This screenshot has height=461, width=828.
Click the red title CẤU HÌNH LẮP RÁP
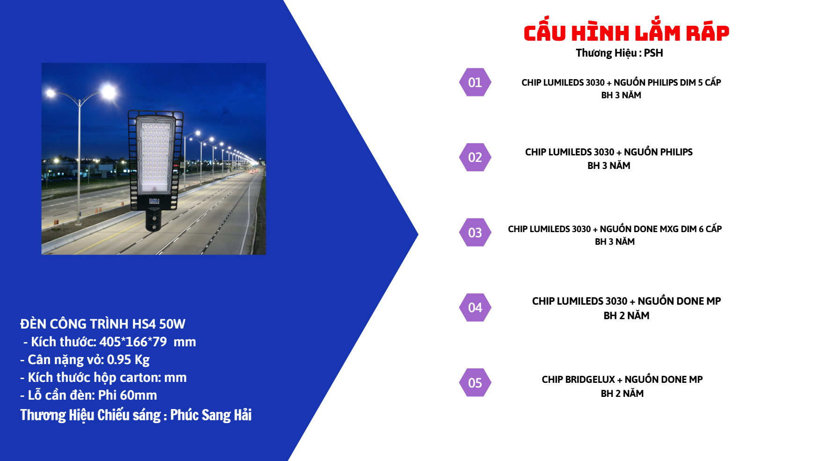[626, 33]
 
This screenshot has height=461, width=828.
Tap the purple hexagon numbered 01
[475, 82]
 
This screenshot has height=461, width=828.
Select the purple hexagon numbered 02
[475, 157]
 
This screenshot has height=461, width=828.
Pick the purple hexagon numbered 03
[475, 233]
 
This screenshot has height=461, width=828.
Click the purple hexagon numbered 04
[475, 307]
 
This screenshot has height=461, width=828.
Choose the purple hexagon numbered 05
[475, 383]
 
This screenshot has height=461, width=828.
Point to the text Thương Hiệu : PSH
[619, 53]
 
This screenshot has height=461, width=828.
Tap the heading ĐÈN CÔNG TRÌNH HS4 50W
[103, 324]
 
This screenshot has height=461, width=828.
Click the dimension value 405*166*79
[133, 342]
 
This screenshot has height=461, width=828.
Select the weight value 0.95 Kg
[128, 359]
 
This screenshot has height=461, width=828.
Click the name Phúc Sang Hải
[211, 415]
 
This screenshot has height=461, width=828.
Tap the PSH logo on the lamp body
[154, 201]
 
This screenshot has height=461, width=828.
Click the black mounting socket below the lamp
[154, 220]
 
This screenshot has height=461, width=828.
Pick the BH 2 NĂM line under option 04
[626, 315]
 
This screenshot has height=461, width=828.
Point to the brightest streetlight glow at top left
[109, 91]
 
